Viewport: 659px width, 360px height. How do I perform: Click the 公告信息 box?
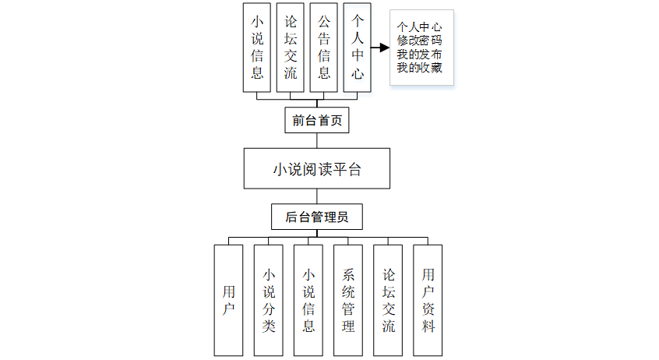click(x=324, y=48)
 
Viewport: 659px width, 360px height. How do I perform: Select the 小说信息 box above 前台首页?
click(x=257, y=48)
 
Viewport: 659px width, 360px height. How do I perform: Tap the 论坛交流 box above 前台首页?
click(x=291, y=48)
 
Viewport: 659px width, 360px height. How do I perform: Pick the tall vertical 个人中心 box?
click(x=358, y=48)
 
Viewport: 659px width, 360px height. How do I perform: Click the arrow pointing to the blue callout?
click(x=379, y=48)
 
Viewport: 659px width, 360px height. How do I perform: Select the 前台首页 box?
click(x=316, y=120)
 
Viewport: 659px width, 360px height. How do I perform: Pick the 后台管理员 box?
click(x=316, y=216)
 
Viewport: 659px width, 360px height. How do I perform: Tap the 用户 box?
click(x=228, y=300)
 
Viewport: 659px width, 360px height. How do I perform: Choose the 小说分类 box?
click(x=268, y=300)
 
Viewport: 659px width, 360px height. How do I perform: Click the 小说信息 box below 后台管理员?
click(x=308, y=300)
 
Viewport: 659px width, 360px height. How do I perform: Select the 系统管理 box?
click(x=348, y=300)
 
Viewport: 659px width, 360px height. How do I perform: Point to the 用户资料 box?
click(x=428, y=300)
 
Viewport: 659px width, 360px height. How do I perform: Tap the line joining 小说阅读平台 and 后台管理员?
click(x=316, y=196)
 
